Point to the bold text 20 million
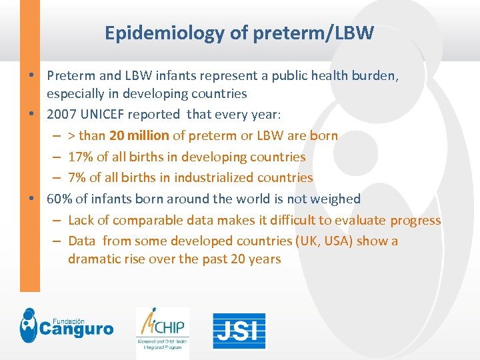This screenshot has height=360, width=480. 139,136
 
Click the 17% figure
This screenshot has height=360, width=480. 80,157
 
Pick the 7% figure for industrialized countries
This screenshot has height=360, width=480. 77,178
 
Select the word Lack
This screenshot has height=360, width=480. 81,221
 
